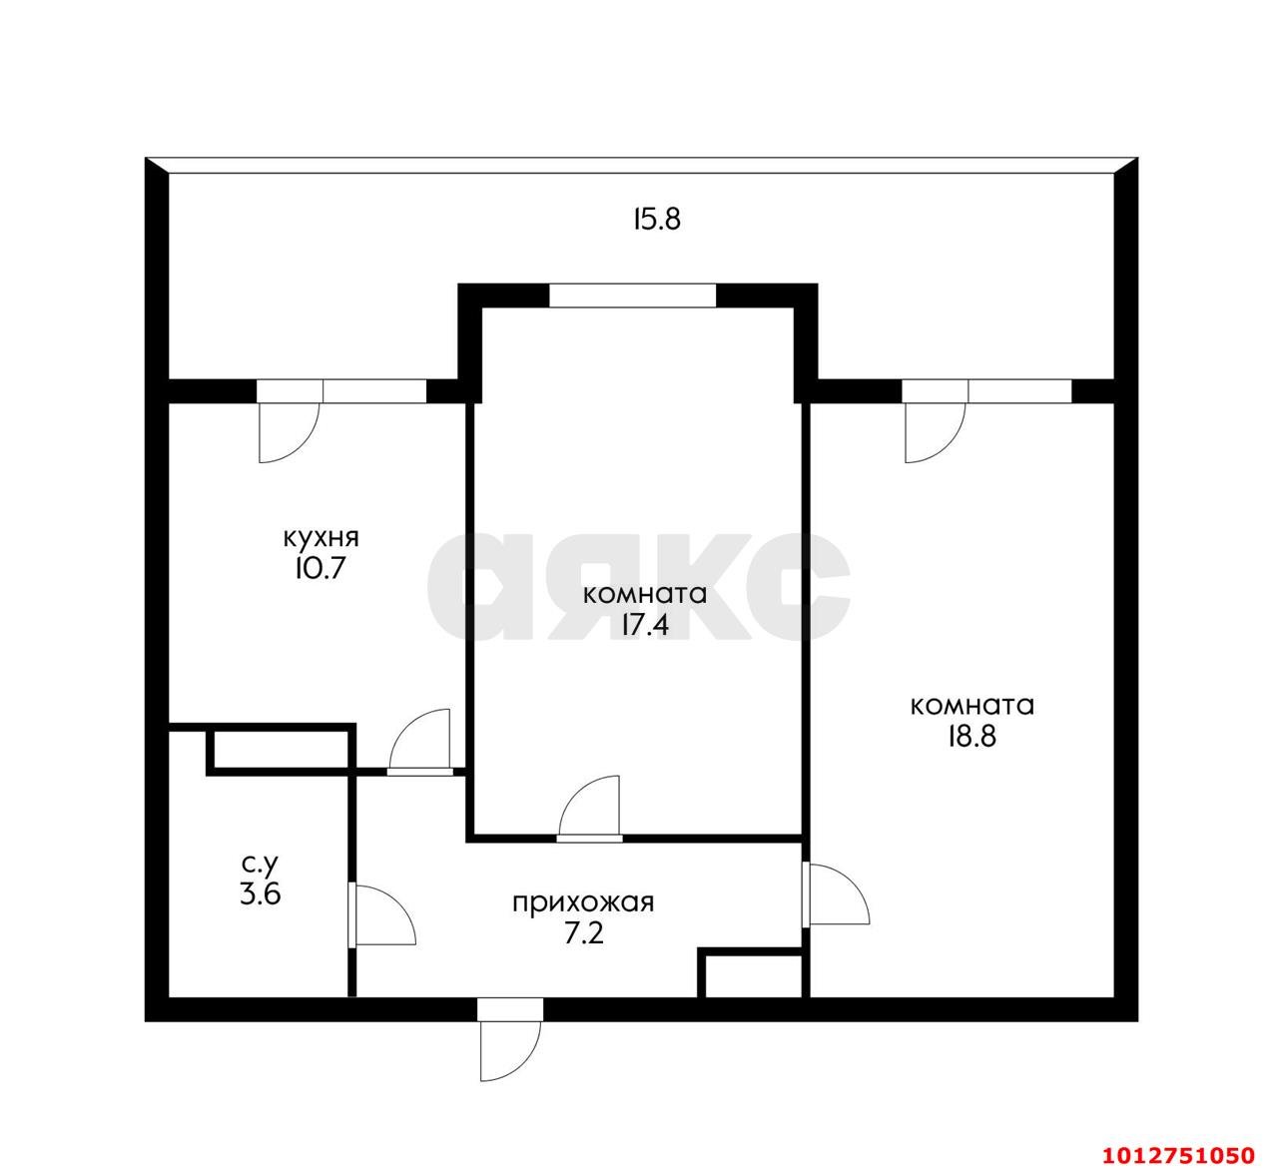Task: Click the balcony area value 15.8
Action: [x=656, y=220]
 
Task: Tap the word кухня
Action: [x=320, y=537]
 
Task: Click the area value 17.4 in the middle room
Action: [x=644, y=626]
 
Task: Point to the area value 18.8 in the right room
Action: [x=971, y=737]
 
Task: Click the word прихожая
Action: [x=583, y=903]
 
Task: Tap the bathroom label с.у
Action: [x=261, y=861]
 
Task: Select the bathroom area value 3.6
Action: [x=260, y=892]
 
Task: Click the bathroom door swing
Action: [x=384, y=913]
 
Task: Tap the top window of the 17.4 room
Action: [x=632, y=295]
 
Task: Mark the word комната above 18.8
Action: [x=971, y=705]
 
